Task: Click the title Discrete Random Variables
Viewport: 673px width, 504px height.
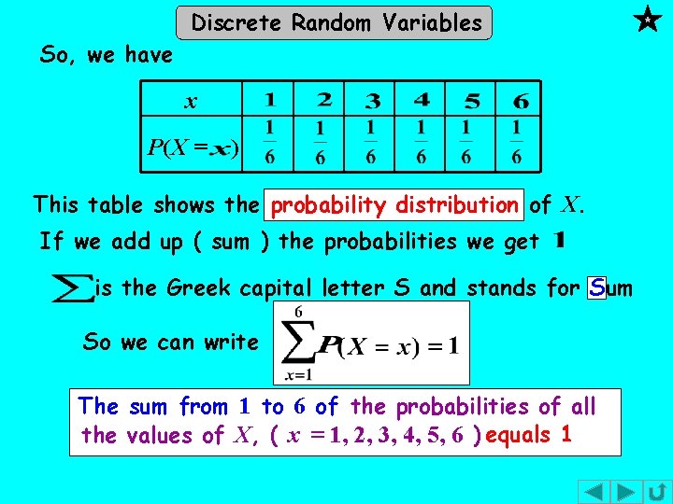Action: pos(336,22)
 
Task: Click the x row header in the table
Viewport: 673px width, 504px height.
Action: pos(191,100)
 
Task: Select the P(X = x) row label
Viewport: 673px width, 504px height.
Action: pos(192,147)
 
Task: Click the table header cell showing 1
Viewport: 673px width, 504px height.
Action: pos(269,99)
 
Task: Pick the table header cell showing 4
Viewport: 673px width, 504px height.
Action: pos(422,99)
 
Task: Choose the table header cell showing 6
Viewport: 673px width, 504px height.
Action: pos(519,99)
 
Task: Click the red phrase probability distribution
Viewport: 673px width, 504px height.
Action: pos(395,203)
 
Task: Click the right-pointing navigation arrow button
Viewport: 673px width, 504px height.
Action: pos(627,492)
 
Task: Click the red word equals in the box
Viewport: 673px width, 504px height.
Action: pos(519,435)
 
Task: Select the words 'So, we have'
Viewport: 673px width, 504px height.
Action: pos(107,55)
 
